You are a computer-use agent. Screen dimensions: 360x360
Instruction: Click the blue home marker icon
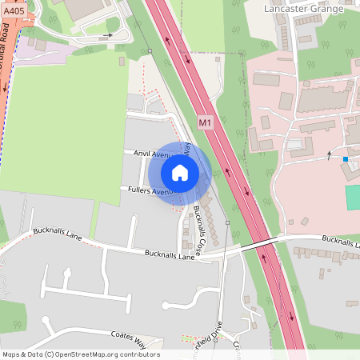[180, 172]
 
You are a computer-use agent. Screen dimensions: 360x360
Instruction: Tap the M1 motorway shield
[206, 122]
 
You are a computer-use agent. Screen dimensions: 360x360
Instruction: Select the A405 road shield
[14, 11]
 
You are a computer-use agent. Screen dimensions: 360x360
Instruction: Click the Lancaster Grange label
[303, 8]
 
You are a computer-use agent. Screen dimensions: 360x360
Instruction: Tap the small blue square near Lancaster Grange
[346, 159]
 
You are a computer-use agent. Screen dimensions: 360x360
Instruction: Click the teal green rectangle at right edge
[352, 198]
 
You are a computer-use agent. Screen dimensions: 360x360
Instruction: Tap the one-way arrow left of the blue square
[328, 156]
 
